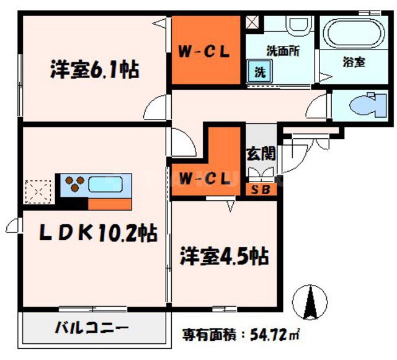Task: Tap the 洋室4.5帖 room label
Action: coord(225,256)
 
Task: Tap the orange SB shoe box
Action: coord(261,190)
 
